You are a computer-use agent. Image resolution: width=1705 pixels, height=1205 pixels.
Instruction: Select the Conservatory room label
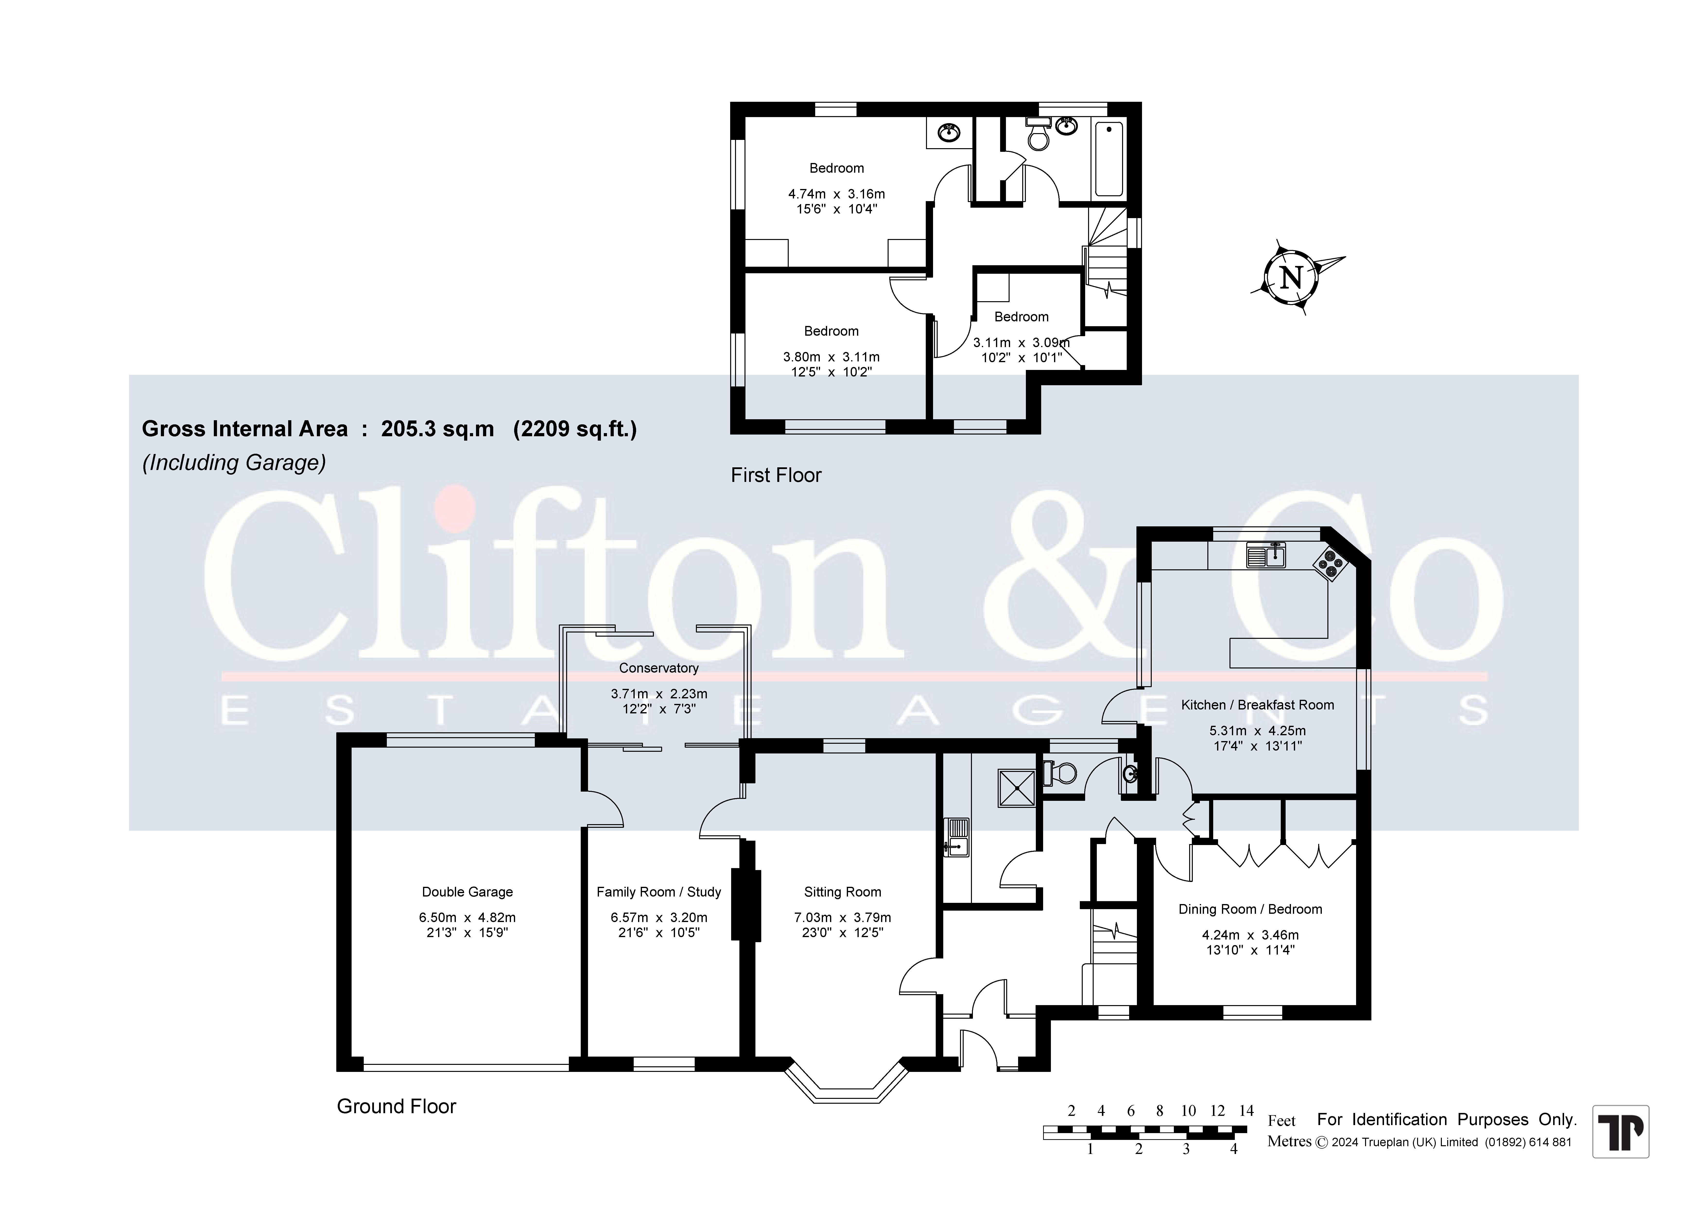659,668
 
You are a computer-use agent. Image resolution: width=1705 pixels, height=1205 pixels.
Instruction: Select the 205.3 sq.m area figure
437,429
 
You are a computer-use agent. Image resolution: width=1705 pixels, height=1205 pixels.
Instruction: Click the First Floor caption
776,475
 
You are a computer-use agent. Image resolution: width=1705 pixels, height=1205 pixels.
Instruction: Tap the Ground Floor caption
397,1106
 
